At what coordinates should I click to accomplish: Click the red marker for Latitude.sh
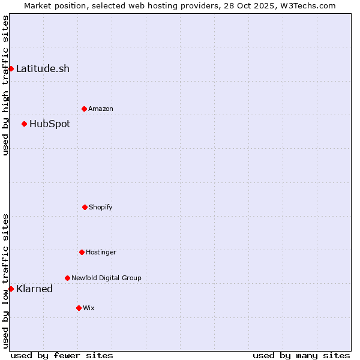point(11,68)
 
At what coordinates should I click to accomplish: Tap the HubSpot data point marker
point(24,124)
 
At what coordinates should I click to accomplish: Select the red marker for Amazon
point(84,109)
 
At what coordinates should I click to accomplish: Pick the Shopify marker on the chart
point(85,207)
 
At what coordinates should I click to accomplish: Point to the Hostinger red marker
point(82,252)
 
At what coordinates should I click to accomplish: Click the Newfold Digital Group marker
point(67,278)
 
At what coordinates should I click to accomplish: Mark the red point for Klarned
point(11,289)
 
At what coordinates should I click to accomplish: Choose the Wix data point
point(79,308)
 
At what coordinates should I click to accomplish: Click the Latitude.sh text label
point(43,68)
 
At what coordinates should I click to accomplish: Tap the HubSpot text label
point(50,124)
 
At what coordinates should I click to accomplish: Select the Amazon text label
point(101,109)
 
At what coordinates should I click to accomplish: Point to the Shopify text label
point(101,207)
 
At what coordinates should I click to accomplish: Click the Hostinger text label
point(101,252)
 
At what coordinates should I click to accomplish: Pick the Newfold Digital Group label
point(106,278)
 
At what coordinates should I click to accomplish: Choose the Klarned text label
point(34,289)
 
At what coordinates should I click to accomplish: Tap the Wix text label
point(89,308)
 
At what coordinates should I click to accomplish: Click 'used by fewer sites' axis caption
point(62,355)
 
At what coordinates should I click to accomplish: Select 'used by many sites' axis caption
point(301,355)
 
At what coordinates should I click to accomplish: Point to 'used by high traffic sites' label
point(5,85)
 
